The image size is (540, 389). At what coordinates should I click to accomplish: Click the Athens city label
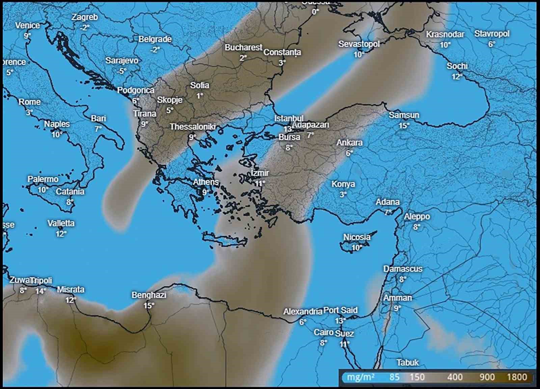point(206,182)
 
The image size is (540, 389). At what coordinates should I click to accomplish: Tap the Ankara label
point(349,142)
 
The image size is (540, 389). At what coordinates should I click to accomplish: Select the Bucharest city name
point(243,48)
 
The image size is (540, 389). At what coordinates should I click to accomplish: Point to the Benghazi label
point(149,295)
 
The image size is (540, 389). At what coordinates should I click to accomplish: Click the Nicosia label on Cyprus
point(357,237)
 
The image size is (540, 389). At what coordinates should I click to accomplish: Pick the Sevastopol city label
point(359,44)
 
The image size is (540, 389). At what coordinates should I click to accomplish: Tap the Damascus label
point(403,269)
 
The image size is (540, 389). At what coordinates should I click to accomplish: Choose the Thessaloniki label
point(192,127)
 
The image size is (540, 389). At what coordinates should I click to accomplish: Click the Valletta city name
point(61,223)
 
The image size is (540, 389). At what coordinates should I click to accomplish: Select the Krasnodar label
point(445,34)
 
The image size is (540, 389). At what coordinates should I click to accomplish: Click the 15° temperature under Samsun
point(404,126)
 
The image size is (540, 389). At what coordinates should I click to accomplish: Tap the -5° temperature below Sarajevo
point(122,71)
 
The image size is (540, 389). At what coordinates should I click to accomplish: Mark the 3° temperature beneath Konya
point(343,194)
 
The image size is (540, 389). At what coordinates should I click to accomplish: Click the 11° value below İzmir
point(260,184)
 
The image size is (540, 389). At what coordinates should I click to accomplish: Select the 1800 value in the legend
point(517,377)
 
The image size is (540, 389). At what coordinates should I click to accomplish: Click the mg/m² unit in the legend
point(360,377)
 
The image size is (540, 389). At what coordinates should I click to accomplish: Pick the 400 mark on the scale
point(455,377)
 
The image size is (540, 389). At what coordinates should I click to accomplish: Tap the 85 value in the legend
point(394,377)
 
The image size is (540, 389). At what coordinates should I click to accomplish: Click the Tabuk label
point(407,363)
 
